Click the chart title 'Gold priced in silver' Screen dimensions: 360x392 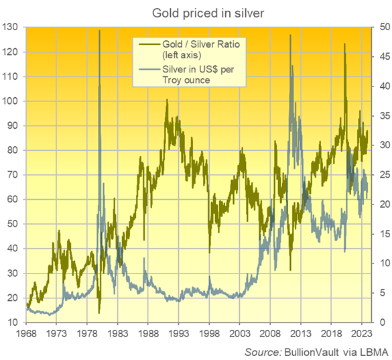[196, 13]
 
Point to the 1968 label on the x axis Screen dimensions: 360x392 [26, 333]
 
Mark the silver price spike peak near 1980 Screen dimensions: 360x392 [100, 31]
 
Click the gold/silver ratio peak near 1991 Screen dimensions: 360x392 [167, 100]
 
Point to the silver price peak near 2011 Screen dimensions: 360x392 [290, 35]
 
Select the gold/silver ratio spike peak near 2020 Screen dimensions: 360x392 [344, 44]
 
